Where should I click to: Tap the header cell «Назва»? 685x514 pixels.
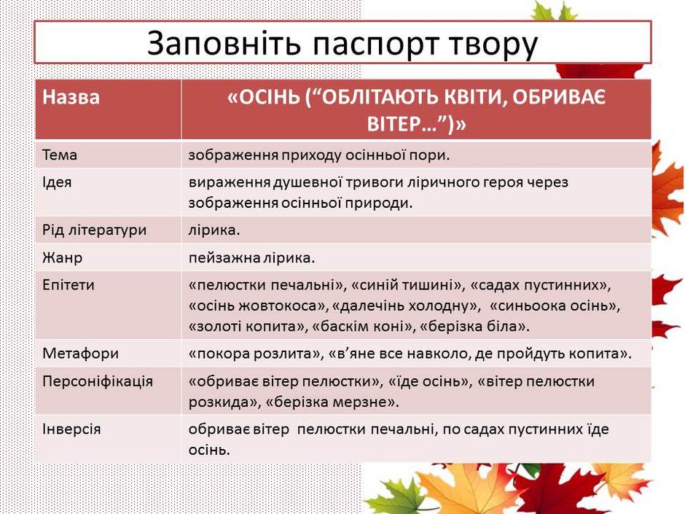point(71,96)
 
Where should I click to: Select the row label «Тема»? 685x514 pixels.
point(60,155)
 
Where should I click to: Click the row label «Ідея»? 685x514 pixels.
point(57,182)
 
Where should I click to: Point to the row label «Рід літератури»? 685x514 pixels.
point(94,230)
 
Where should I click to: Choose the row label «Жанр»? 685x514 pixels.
point(62,257)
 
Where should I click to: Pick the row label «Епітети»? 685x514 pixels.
point(68,285)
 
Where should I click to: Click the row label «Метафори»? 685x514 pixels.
point(80,353)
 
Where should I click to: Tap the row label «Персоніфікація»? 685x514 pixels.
point(98,381)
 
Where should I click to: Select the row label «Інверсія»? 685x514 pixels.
point(71,429)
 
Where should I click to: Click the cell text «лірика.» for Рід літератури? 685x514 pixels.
point(214,230)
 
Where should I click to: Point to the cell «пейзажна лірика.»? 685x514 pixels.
point(251,257)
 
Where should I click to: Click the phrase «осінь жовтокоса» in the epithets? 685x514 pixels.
point(259,305)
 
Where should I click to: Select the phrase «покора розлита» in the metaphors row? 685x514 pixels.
point(255,353)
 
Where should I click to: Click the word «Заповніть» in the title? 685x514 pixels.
point(224,44)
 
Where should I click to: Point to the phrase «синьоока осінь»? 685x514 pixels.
point(554,305)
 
